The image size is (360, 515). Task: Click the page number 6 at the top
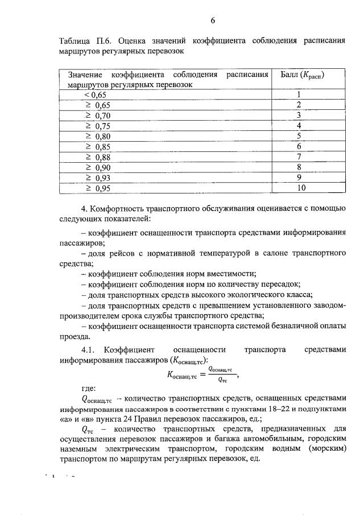[x=212, y=21]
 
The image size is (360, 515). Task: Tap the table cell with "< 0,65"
[x=95, y=95]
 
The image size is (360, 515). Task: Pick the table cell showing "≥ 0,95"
[x=97, y=188]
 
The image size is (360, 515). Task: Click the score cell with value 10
[x=301, y=188]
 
